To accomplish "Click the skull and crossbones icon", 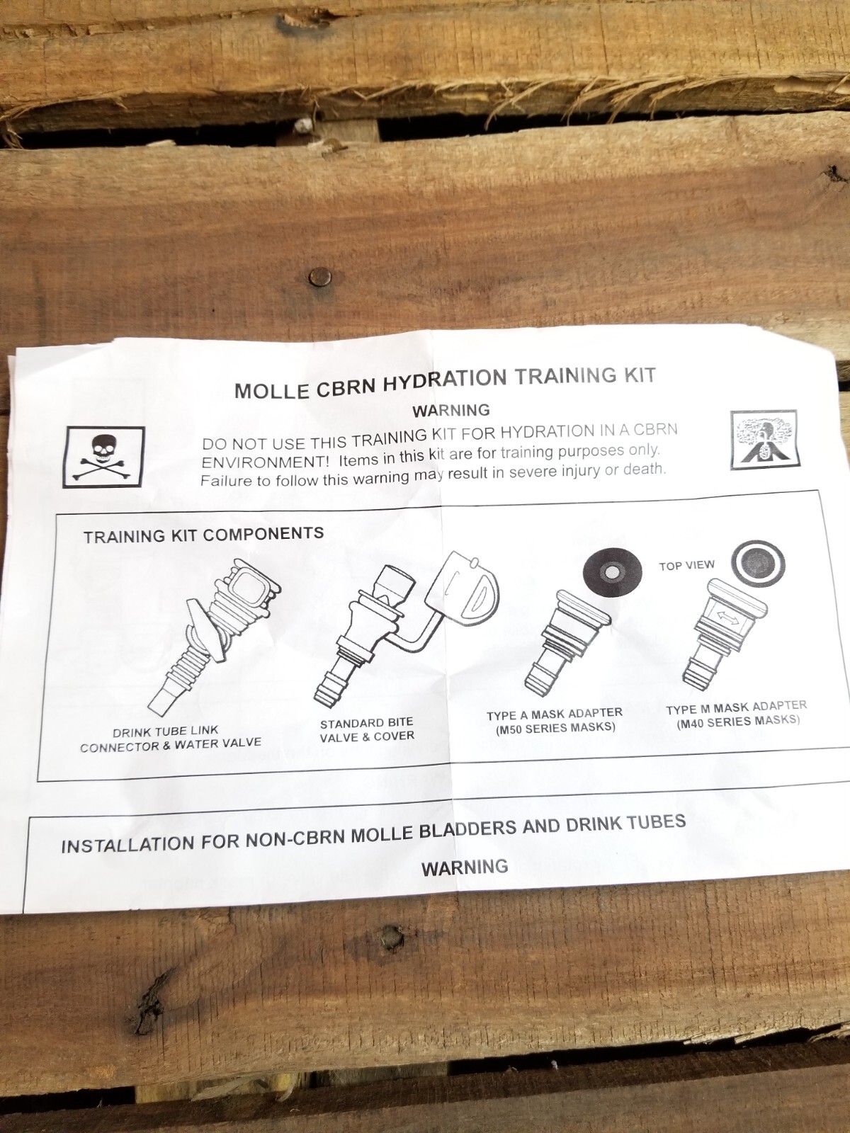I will coord(104,457).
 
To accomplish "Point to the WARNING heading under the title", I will coord(451,410).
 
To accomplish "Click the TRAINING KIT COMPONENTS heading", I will coord(203,535).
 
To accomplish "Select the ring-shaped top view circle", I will coord(758,562).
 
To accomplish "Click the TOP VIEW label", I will coord(686,565).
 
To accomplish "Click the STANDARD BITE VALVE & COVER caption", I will coord(366,730).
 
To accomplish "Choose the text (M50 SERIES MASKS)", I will coord(555,728).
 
